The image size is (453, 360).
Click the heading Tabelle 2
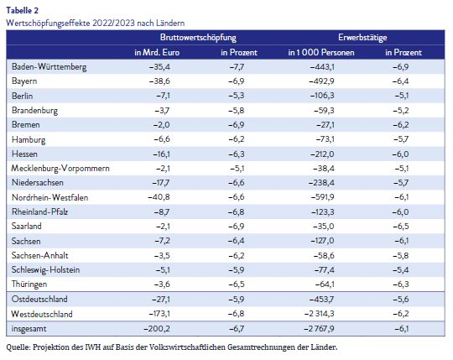23,10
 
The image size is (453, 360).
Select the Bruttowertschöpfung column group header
198,38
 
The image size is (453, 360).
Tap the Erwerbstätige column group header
362,37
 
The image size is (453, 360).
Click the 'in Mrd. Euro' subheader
157,52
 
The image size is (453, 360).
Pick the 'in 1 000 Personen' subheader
321,52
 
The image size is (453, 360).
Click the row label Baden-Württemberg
49,67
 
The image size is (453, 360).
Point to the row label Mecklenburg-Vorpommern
60,168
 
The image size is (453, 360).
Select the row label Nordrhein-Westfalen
49,197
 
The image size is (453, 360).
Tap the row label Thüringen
29,284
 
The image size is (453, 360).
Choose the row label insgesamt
29,328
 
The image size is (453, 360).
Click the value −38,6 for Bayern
159,81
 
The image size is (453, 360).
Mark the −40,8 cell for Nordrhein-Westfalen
159,197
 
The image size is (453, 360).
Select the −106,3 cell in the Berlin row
322,96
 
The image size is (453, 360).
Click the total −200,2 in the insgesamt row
157,328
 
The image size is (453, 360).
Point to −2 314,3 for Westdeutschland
320,314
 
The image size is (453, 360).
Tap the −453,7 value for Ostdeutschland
321,299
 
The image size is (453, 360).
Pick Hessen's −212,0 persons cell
322,154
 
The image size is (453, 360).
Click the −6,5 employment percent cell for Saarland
401,227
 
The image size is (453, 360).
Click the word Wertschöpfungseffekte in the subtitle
48,23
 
